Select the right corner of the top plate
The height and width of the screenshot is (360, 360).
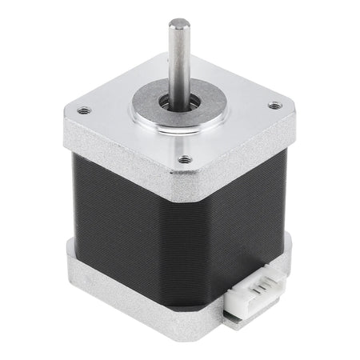click(x=290, y=108)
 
